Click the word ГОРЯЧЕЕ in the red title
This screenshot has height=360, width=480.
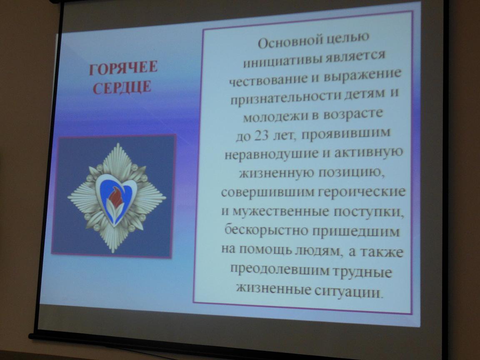click(x=123, y=67)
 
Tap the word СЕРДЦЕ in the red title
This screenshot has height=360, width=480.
click(x=122, y=87)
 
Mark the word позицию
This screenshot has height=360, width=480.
click(x=351, y=172)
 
